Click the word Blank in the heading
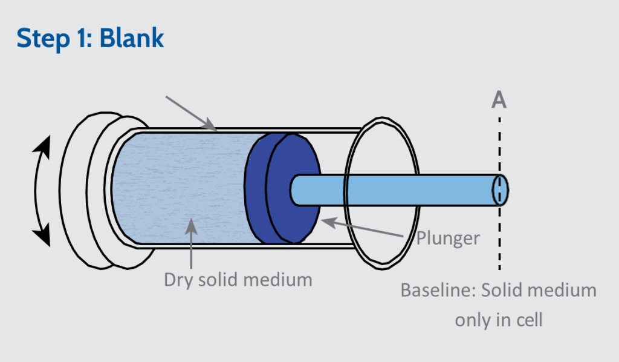(x=132, y=38)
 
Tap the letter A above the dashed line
(x=499, y=99)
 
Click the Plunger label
(x=448, y=238)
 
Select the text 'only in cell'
(x=499, y=319)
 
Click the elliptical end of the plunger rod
(x=500, y=189)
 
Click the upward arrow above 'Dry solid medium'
(x=191, y=242)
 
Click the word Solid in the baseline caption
(x=504, y=291)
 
